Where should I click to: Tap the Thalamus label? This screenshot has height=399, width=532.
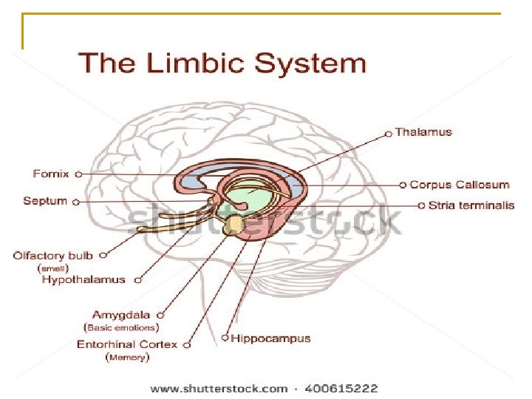click(x=423, y=132)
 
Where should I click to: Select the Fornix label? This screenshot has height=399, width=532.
click(x=51, y=174)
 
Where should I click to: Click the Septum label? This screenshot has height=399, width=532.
click(x=45, y=201)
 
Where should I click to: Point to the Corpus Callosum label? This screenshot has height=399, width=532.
click(x=459, y=185)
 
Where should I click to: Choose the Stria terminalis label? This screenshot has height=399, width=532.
click(x=471, y=205)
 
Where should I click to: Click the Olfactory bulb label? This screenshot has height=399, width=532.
click(x=53, y=256)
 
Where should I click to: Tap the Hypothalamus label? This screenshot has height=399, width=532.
click(x=83, y=280)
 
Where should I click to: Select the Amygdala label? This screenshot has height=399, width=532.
click(x=120, y=315)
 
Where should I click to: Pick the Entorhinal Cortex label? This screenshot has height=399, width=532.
click(x=127, y=344)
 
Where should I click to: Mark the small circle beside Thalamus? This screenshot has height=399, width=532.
click(x=389, y=134)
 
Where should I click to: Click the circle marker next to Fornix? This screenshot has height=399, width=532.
click(x=78, y=174)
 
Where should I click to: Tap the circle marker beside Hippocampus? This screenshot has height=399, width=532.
click(x=225, y=339)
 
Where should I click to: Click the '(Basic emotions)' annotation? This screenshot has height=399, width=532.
click(x=122, y=327)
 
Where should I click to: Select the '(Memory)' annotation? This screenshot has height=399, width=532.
click(x=129, y=358)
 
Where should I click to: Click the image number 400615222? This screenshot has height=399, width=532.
click(x=341, y=388)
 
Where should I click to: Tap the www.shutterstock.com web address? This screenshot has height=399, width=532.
click(x=219, y=388)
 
